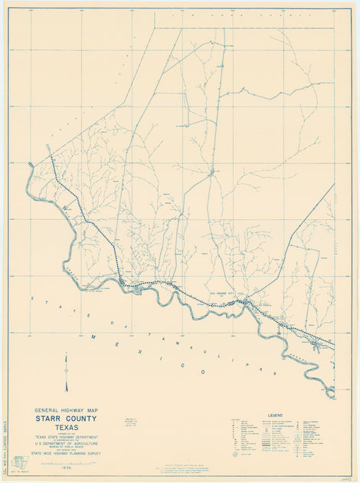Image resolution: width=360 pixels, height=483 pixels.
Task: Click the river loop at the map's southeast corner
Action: click(328, 392)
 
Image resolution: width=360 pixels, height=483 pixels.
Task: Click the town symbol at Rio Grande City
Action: click(244, 302)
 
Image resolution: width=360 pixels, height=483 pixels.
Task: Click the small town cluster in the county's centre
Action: click(211, 172)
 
